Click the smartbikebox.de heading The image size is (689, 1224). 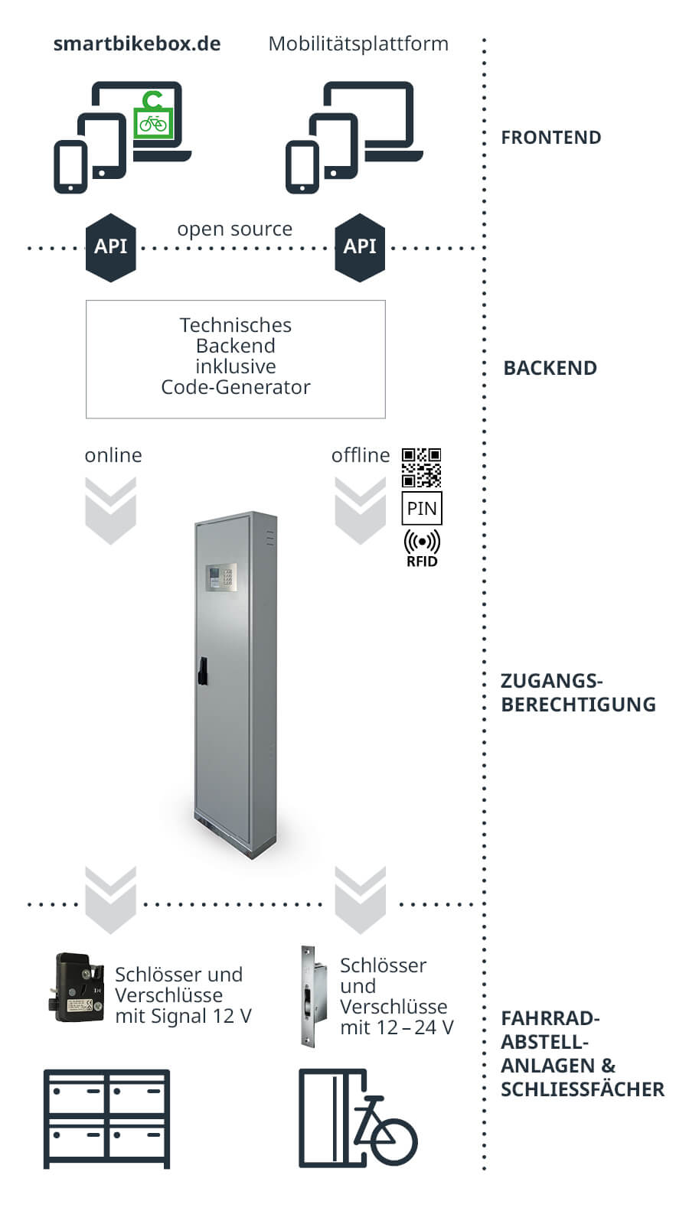(137, 44)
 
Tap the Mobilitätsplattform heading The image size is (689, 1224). (358, 44)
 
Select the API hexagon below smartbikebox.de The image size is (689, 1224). (111, 247)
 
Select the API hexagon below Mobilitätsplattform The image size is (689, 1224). (360, 247)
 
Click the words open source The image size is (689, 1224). (234, 229)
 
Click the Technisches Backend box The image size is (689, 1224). (235, 358)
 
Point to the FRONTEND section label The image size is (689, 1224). (550, 138)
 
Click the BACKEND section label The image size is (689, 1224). (550, 368)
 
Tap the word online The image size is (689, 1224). (113, 455)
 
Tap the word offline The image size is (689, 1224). (360, 455)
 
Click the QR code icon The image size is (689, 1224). (421, 467)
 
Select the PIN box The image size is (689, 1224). (422, 509)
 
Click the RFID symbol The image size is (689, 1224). (422, 547)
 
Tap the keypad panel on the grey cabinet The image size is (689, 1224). (221, 578)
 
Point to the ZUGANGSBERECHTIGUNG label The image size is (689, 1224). (577, 692)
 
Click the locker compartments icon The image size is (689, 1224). (106, 1118)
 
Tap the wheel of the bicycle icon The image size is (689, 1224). (394, 1141)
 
